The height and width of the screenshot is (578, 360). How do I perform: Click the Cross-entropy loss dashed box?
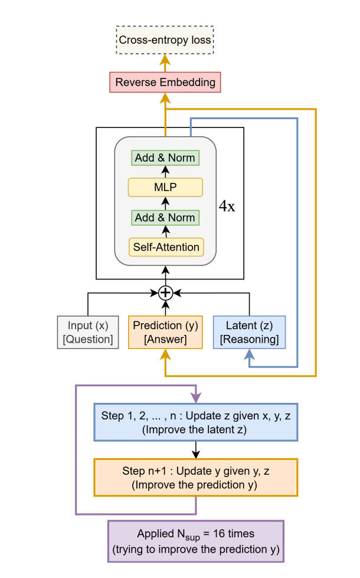165,41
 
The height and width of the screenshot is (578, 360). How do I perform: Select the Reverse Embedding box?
165,82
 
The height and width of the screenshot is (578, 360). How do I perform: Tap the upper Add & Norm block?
165,158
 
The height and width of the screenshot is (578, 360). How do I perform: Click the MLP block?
165,188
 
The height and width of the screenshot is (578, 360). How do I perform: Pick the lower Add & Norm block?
165,217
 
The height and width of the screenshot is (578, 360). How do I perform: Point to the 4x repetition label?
227,207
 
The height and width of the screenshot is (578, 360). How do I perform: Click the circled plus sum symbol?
165,293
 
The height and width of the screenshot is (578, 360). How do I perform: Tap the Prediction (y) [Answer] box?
165,332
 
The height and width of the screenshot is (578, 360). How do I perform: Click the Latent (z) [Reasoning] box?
248,332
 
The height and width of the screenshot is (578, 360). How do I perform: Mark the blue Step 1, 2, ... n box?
195,422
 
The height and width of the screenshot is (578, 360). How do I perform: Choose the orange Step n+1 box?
195,478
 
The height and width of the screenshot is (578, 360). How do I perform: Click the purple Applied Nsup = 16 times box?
195,540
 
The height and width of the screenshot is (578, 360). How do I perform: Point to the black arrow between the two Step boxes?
195,450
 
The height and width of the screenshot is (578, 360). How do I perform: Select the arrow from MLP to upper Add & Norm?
165,172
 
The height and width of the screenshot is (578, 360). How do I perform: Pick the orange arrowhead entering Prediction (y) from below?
165,354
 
